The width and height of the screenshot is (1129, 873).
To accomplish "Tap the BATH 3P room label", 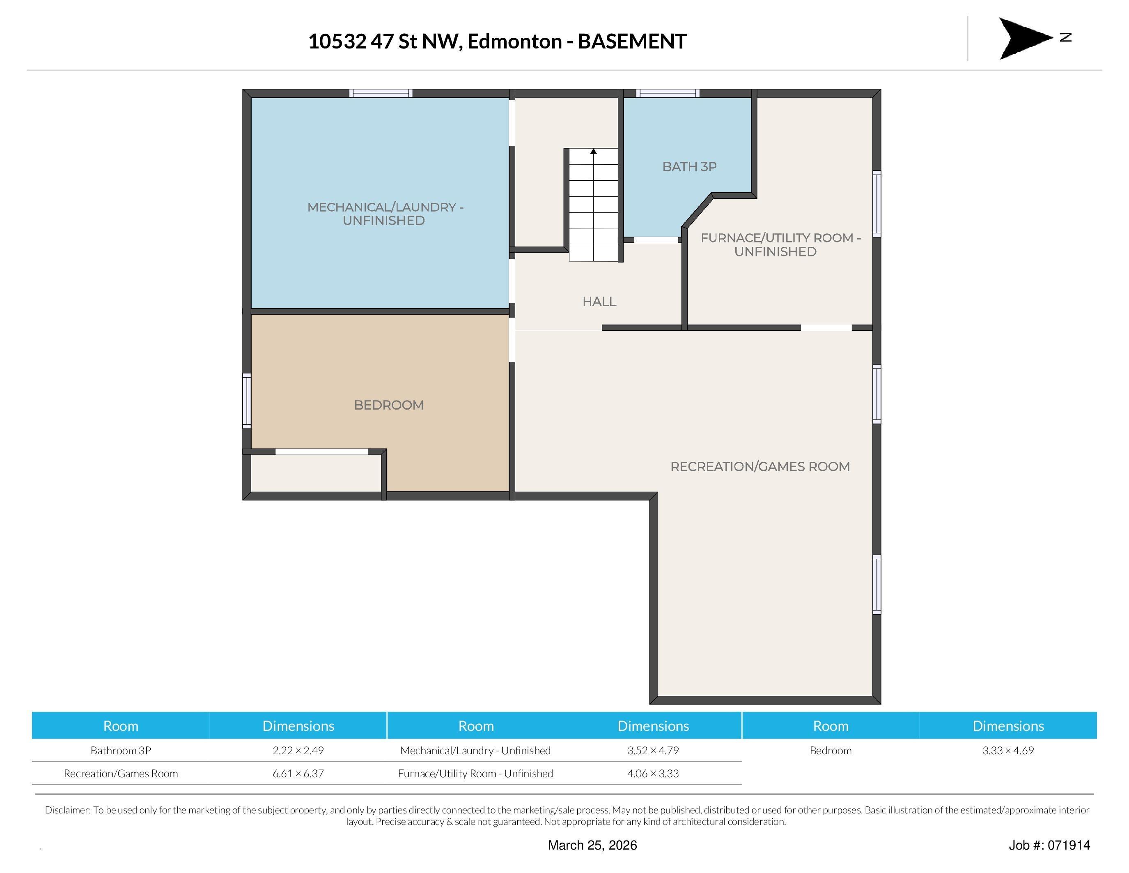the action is (x=690, y=166).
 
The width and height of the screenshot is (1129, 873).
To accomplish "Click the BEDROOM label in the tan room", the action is (x=389, y=405).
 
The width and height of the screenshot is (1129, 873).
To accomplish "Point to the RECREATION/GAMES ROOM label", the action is (x=760, y=467).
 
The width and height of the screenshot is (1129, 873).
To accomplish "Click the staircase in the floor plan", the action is (x=594, y=205).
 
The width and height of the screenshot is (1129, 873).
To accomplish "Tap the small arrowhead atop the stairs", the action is (x=594, y=152).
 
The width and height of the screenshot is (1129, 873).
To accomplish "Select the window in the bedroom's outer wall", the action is (x=247, y=401).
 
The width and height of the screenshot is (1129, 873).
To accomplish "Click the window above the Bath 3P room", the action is (x=668, y=93).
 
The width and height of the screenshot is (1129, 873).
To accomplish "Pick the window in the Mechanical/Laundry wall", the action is (x=381, y=93).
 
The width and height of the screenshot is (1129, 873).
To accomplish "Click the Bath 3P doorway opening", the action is (x=656, y=240).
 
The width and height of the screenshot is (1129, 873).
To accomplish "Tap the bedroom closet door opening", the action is (x=321, y=451).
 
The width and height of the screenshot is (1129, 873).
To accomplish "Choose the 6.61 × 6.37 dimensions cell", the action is (x=298, y=774).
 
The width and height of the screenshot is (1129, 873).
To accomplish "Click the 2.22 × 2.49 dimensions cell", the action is (x=298, y=751).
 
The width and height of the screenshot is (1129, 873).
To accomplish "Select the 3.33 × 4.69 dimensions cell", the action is (x=1008, y=751).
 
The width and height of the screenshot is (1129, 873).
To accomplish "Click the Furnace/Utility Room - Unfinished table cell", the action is (x=475, y=774).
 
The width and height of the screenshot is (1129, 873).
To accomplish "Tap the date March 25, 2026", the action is (x=592, y=845).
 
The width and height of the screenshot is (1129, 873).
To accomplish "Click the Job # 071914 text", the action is (x=1049, y=845).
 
